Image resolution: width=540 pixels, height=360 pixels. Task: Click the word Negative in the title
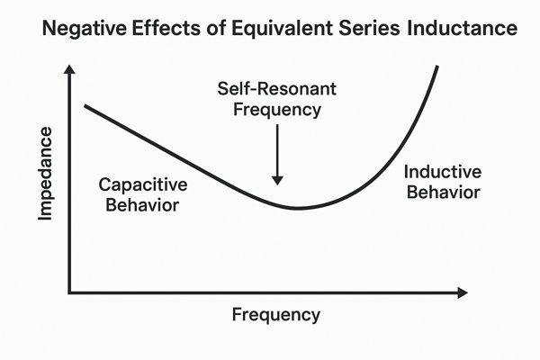[84, 28]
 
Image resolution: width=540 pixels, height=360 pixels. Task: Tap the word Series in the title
[370, 28]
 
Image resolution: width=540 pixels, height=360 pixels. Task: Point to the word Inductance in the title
[463, 28]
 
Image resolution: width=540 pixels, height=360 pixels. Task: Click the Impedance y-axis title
[45, 174]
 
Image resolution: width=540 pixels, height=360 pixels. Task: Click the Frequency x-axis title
[276, 315]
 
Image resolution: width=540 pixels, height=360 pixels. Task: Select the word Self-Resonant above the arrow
[277, 89]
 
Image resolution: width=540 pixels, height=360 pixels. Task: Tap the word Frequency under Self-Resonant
[277, 110]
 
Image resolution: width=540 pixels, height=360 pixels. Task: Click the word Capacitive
[143, 185]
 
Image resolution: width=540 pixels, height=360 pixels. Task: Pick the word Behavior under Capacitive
[142, 205]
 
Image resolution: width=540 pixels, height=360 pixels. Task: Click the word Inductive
[443, 172]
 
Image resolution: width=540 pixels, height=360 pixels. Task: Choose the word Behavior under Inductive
[444, 193]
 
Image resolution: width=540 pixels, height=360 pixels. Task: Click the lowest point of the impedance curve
[297, 208]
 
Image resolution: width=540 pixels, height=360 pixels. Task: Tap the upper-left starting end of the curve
[85, 106]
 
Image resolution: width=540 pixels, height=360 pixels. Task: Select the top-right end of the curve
[437, 67]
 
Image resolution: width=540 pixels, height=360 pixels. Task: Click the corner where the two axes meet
[69, 292]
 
